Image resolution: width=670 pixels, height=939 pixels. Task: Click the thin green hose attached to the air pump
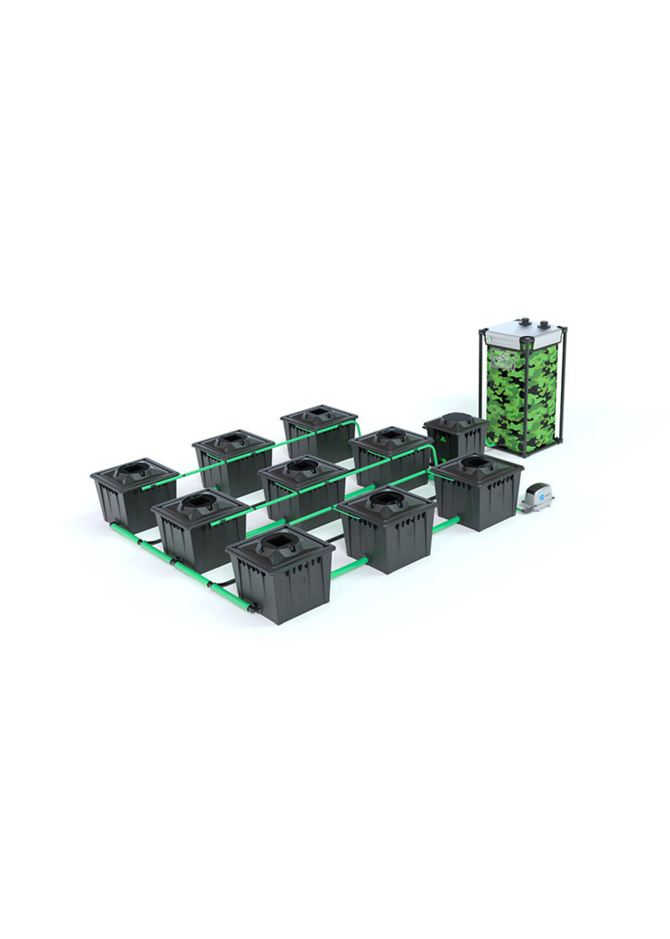click(x=519, y=510)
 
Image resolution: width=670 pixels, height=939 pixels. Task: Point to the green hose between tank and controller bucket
click(x=489, y=444)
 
